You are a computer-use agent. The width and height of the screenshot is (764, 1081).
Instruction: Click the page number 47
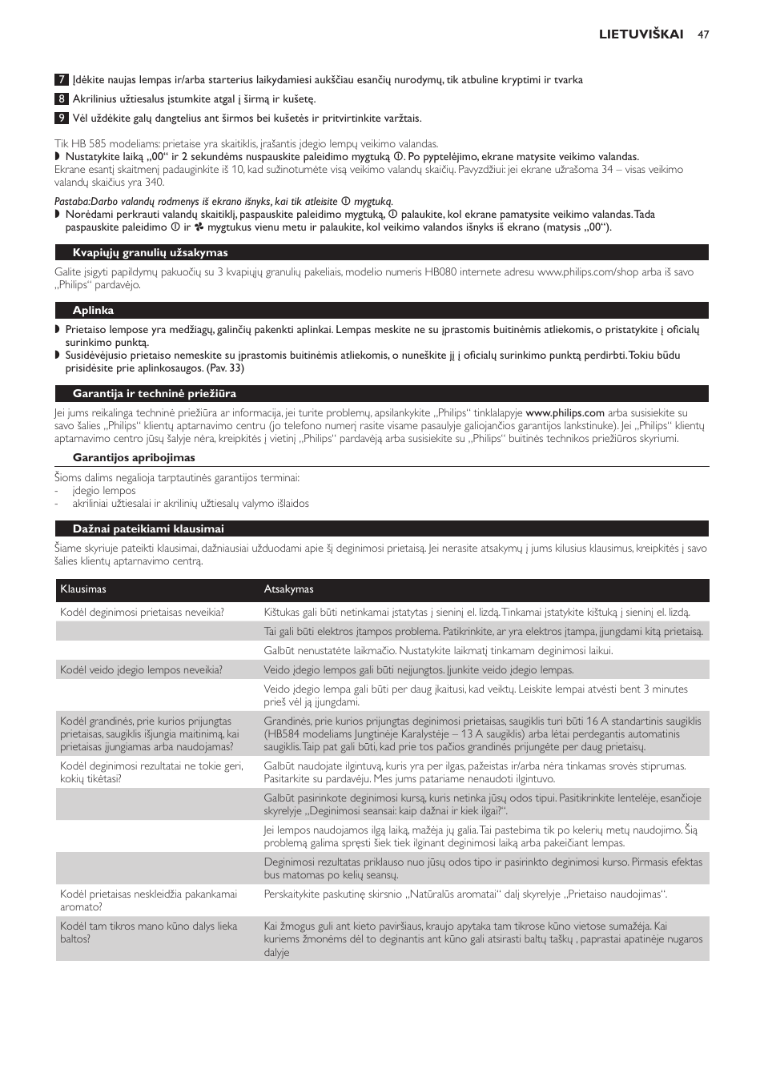pyautogui.click(x=703, y=34)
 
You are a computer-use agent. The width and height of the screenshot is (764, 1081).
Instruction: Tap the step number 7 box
pyautogui.click(x=62, y=80)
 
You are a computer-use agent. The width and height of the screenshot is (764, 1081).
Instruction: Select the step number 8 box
pyautogui.click(x=62, y=99)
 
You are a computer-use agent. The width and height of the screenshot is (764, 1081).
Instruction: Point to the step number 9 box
pyautogui.click(x=62, y=119)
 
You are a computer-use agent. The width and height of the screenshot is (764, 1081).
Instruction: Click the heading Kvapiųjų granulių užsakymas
pyautogui.click(x=150, y=253)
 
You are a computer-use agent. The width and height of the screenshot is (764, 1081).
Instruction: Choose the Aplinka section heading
pyautogui.click(x=93, y=311)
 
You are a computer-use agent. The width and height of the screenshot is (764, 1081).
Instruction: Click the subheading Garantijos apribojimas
pyautogui.click(x=134, y=458)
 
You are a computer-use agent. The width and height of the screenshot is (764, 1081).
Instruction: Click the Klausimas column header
pyautogui.click(x=83, y=589)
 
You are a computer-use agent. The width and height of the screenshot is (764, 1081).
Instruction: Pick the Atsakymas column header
pyautogui.click(x=288, y=589)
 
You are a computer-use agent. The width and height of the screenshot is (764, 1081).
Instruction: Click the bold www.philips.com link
pyautogui.click(x=565, y=413)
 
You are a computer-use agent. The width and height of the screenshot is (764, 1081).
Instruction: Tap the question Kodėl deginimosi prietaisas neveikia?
pyautogui.click(x=142, y=613)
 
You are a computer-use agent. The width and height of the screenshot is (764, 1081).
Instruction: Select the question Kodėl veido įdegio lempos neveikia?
pyautogui.click(x=141, y=670)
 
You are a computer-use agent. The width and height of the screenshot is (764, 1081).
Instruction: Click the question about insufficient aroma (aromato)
pyautogui.click(x=148, y=901)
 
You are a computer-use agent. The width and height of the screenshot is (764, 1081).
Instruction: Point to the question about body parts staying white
pyautogui.click(x=148, y=933)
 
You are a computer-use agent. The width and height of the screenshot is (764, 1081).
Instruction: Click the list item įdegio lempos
pyautogui.click(x=104, y=491)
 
